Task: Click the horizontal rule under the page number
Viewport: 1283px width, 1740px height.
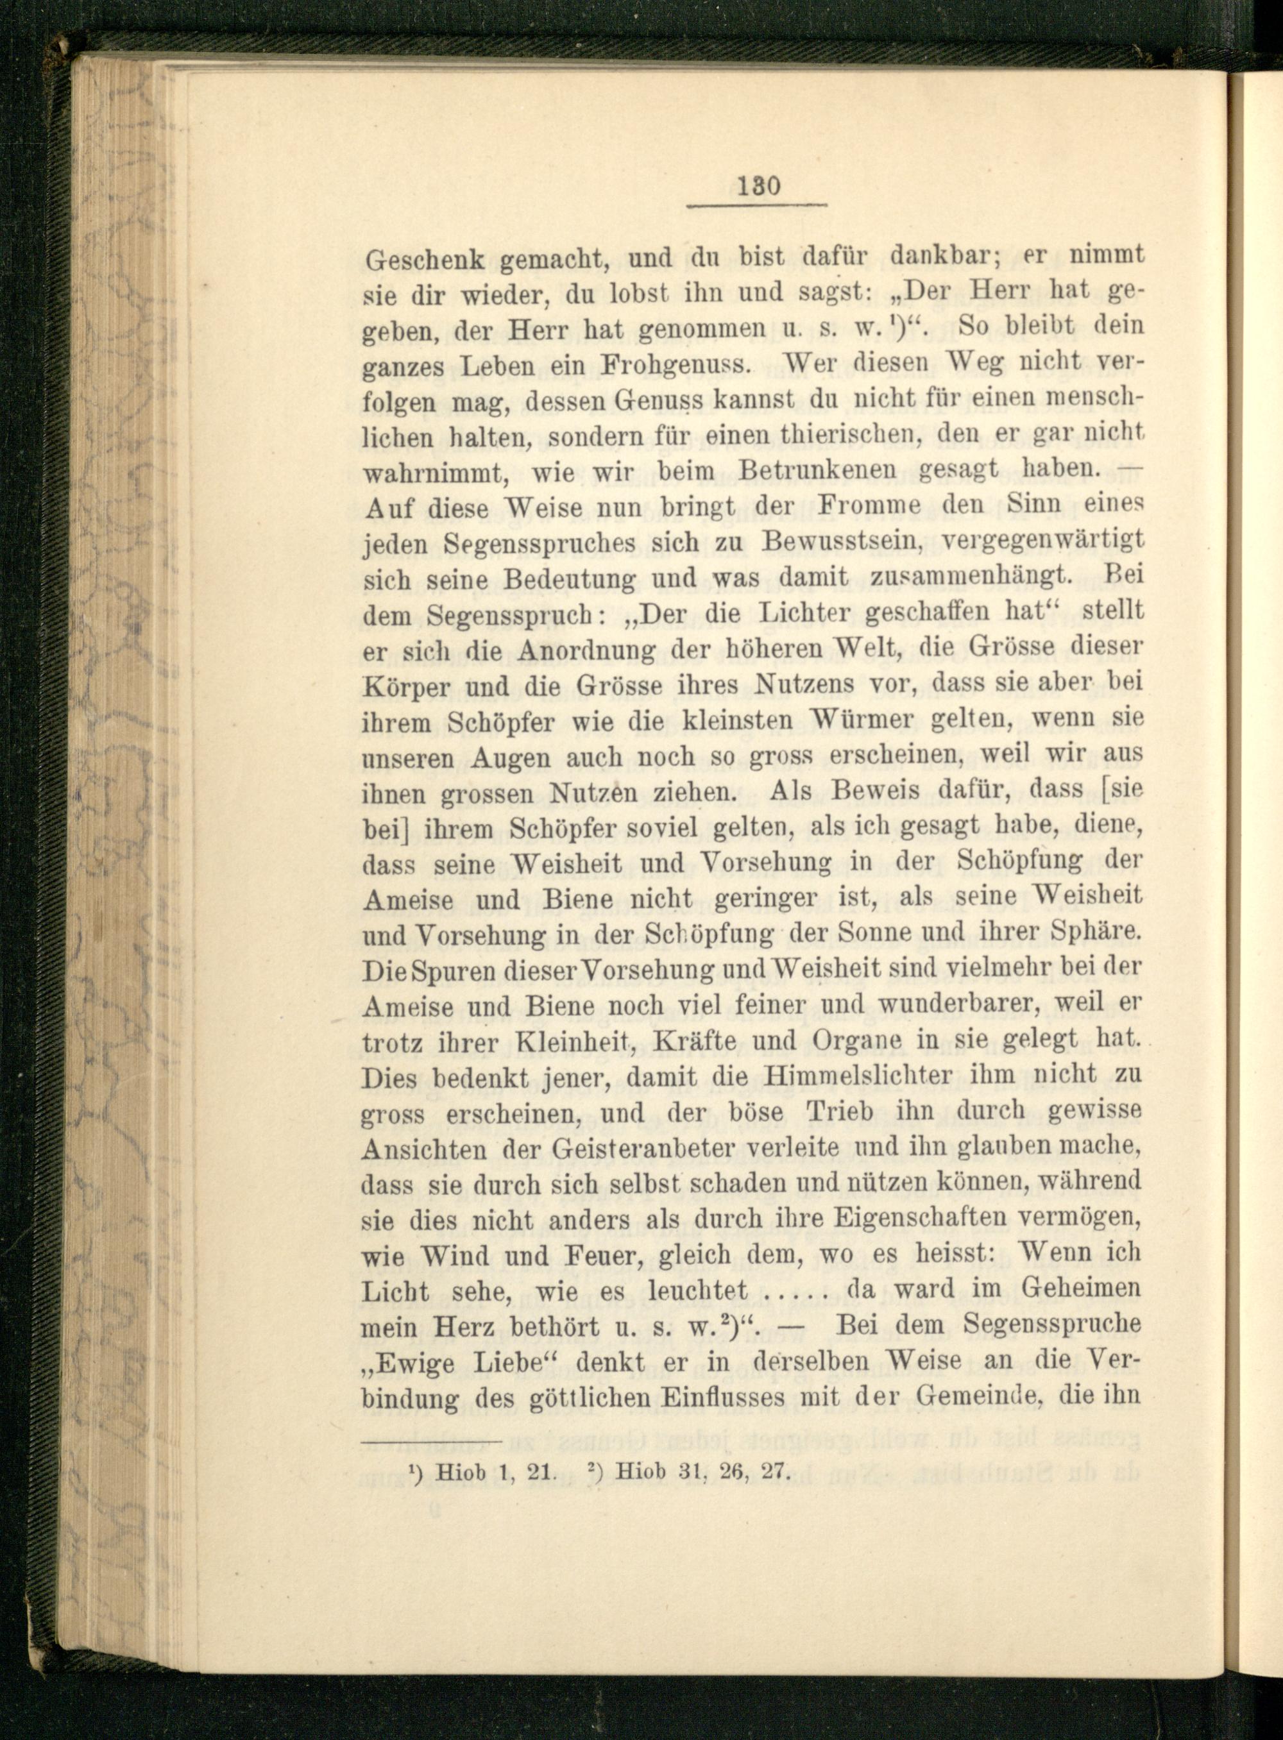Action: pyautogui.click(x=757, y=207)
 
